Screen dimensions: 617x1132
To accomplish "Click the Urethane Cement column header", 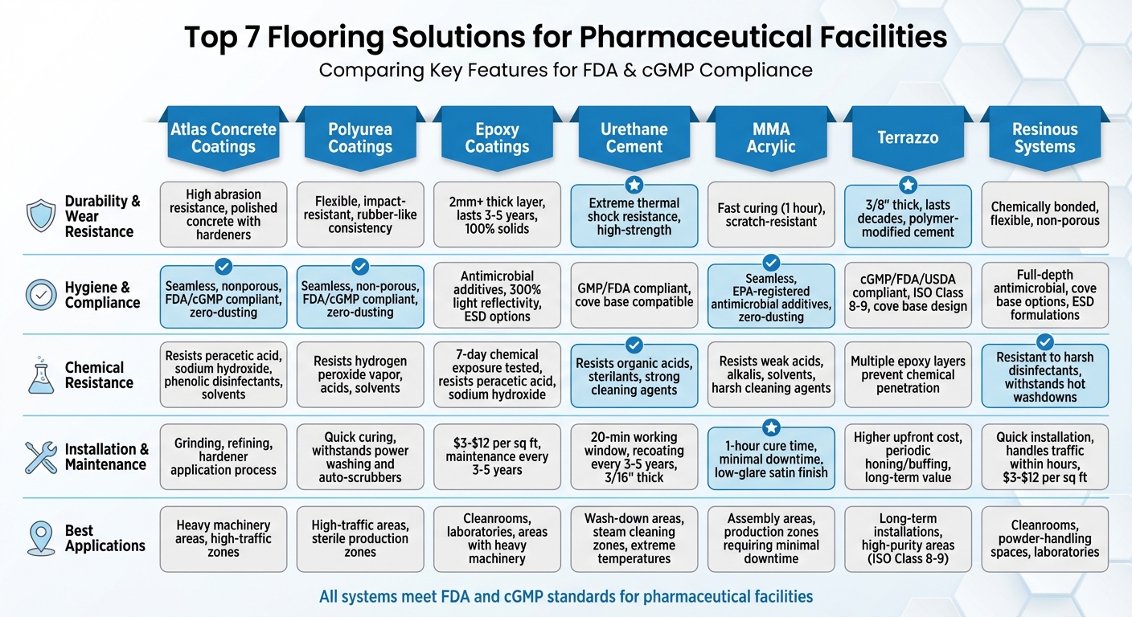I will pos(634,137).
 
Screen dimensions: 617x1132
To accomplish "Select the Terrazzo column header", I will pos(908,137).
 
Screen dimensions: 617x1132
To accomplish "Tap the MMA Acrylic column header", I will pos(770,137).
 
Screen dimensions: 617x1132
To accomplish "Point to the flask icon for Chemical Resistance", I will pos(40,375).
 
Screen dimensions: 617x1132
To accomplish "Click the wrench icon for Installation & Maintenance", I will pos(40,456).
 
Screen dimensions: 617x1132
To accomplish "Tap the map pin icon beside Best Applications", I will pos(40,537).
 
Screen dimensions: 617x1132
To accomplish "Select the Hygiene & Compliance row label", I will pos(102,295).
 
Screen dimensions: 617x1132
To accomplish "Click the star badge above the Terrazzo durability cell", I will pos(908,185).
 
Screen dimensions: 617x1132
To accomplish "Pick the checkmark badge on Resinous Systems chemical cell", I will pos(1045,341).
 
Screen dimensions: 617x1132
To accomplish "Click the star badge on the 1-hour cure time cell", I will pos(771,427).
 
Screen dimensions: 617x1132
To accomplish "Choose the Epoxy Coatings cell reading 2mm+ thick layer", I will pos(497,215).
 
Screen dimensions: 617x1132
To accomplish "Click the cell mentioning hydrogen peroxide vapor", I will pos(360,374).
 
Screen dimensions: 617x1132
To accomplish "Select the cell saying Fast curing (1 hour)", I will pos(770,215).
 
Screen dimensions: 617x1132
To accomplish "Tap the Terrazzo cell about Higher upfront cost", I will pos(908,457).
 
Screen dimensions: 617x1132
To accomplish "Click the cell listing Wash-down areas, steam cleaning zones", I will pos(634,538).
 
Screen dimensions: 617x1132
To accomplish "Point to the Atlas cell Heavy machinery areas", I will pos(224,538).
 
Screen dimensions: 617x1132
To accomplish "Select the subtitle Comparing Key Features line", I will pos(565,70).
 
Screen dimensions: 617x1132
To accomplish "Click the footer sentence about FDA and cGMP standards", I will pos(565,596).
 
